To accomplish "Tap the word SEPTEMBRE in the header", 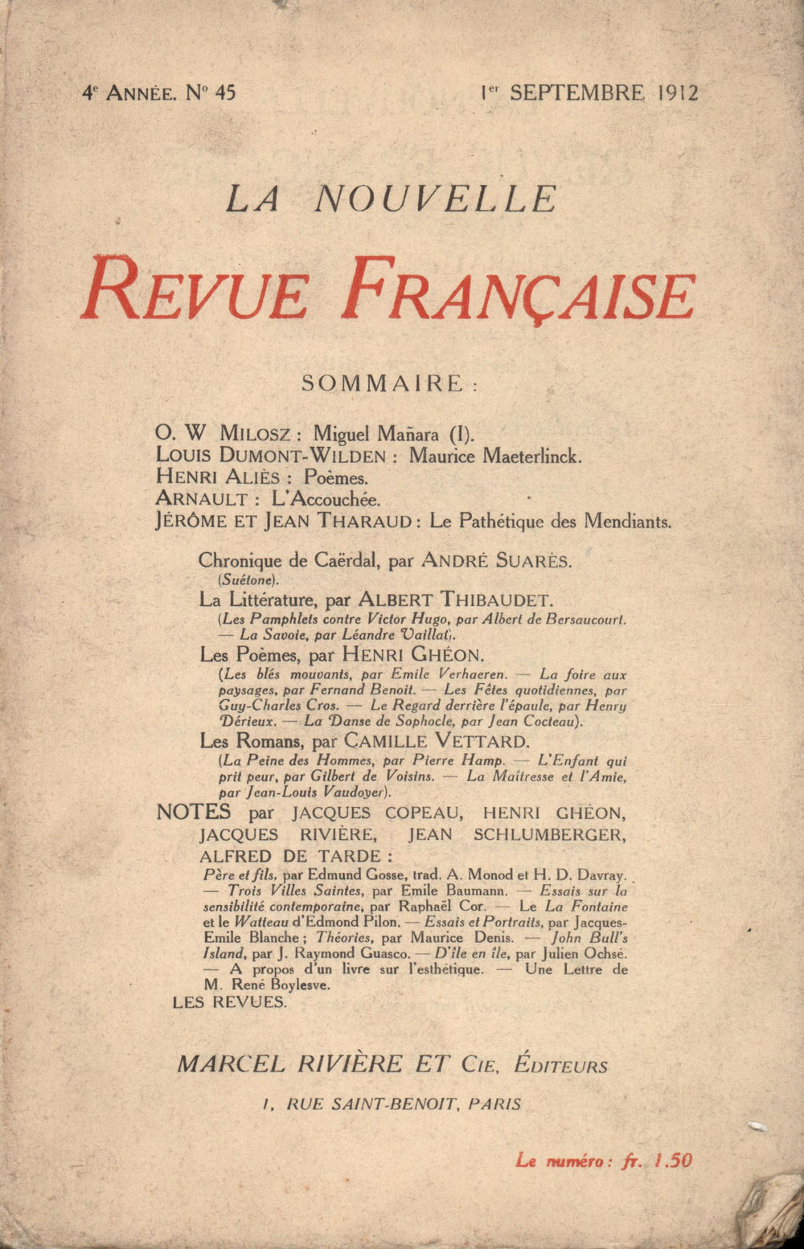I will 576,92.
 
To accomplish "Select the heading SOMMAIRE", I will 383,383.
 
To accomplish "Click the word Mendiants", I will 627,521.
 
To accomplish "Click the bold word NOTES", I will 194,812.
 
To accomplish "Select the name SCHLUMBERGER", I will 548,834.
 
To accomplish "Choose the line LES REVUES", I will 230,1002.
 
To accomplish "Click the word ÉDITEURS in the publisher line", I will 560,1065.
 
